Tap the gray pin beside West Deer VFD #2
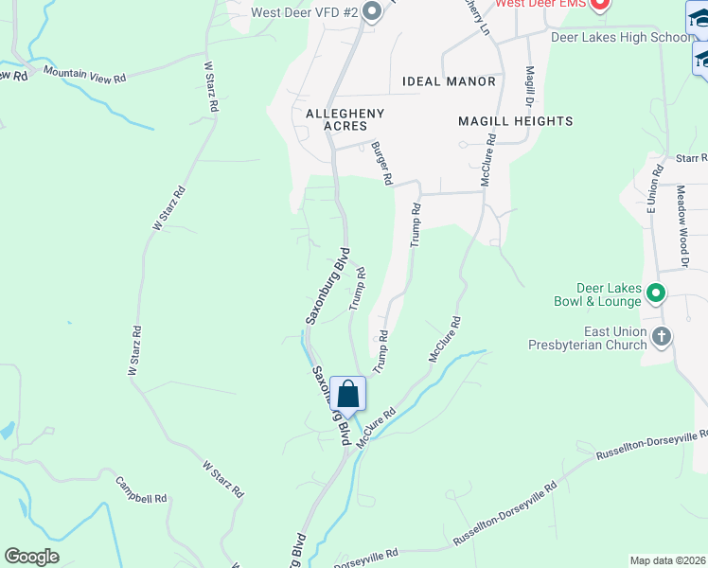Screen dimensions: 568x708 372,12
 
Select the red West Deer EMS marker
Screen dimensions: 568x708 598,5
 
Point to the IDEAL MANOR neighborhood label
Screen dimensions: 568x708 449,81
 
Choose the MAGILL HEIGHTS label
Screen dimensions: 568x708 515,121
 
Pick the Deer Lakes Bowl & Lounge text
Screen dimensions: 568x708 610,295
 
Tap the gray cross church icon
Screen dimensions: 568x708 662,336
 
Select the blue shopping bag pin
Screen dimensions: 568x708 347,395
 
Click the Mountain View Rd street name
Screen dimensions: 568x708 84,74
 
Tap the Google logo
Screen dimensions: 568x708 32,557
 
